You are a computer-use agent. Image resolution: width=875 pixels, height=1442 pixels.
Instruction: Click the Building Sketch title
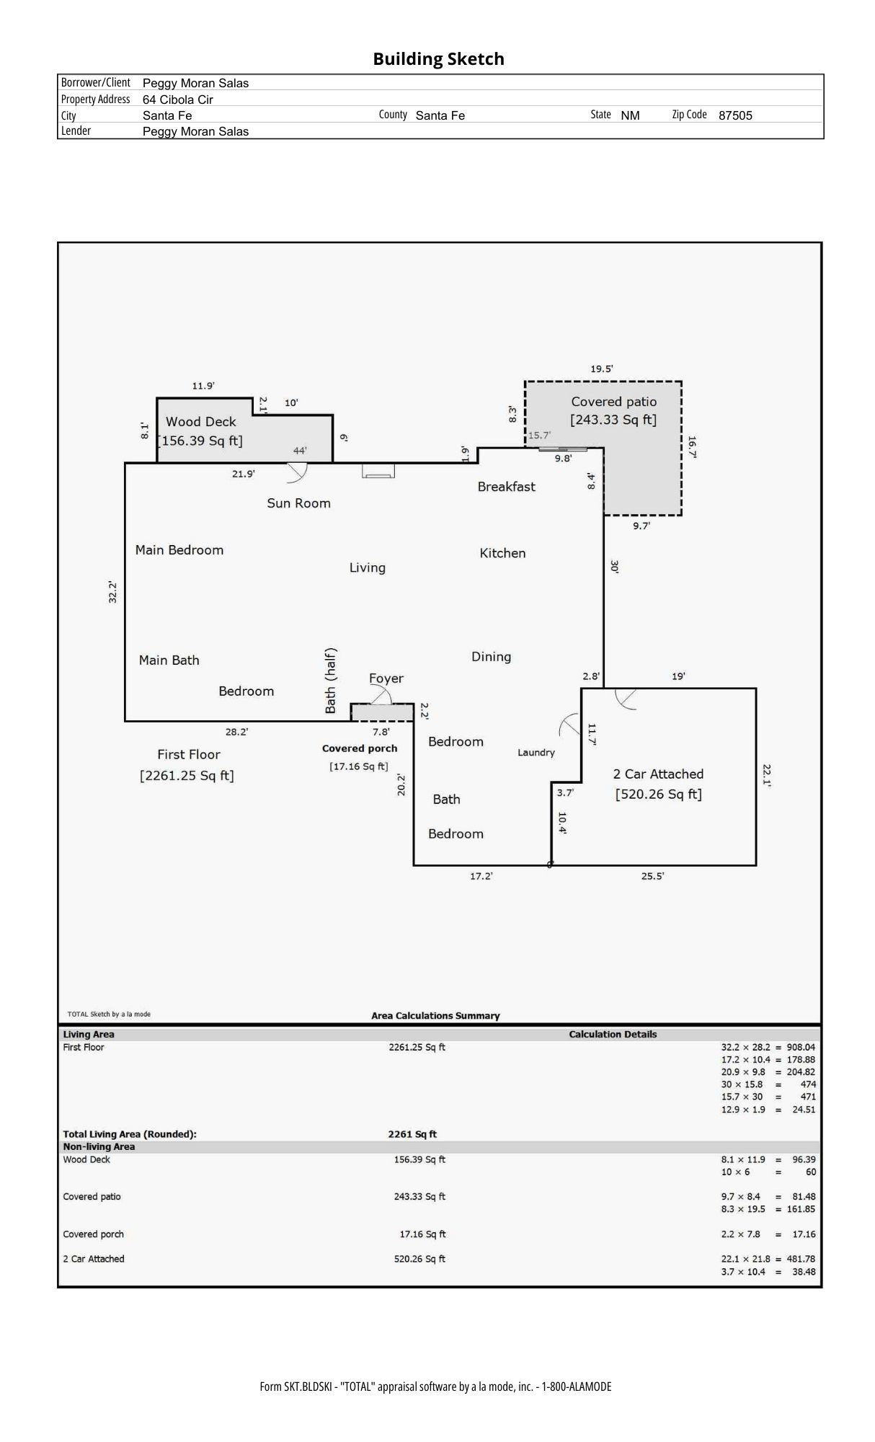point(438,59)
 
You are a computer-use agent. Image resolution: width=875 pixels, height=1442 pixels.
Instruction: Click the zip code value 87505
point(734,115)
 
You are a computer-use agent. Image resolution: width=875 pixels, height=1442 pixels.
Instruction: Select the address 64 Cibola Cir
point(177,99)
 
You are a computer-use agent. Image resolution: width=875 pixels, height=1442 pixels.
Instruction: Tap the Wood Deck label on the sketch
point(200,422)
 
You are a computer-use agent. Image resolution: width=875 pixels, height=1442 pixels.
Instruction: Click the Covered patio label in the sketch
point(613,402)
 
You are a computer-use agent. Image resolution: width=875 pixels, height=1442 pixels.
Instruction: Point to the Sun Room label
point(298,503)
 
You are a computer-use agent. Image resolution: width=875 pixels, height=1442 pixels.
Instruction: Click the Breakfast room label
point(506,487)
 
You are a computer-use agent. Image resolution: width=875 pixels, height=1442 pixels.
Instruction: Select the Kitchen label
point(502,553)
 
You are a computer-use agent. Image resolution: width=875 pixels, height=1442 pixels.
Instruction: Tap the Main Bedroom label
point(179,550)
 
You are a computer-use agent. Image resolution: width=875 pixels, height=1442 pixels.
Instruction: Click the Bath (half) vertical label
point(330,681)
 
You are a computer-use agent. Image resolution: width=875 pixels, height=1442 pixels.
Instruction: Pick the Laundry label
point(536,753)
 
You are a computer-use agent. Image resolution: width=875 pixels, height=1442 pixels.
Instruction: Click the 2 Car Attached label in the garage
point(657,774)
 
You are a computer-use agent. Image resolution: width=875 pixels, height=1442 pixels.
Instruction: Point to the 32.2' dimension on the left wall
point(112,592)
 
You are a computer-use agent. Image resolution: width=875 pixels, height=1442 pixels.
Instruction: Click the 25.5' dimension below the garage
point(652,876)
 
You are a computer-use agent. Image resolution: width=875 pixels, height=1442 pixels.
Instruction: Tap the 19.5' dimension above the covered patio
point(601,369)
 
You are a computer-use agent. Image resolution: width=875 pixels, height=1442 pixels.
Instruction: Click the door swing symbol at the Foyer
point(380,695)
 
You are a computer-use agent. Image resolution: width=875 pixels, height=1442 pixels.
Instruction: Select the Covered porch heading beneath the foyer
point(359,748)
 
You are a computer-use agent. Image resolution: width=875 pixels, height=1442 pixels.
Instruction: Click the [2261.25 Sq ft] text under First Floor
point(187,776)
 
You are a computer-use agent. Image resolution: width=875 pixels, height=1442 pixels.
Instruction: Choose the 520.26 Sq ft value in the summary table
point(419,1259)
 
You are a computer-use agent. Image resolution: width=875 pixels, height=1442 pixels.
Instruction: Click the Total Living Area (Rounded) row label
point(130,1134)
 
